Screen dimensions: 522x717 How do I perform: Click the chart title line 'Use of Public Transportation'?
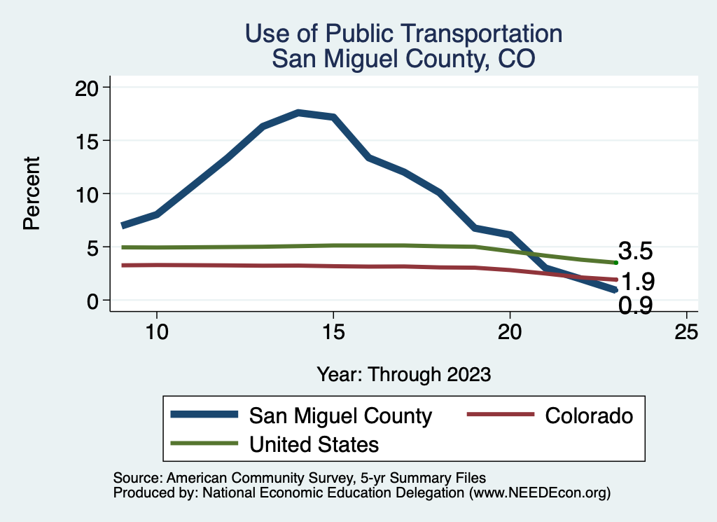[403, 34]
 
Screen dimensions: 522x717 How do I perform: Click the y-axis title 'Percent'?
[31, 193]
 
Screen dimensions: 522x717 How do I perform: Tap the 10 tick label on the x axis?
[157, 333]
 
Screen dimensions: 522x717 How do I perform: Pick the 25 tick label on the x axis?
[686, 333]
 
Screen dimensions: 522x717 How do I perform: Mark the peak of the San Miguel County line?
[298, 112]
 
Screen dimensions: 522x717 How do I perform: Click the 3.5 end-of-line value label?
[636, 252]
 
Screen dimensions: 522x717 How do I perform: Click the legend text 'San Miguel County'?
[341, 415]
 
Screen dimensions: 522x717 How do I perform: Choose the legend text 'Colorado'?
[588, 415]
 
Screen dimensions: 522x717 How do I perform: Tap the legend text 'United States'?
[314, 444]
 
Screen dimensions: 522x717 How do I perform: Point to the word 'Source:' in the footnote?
[137, 478]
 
